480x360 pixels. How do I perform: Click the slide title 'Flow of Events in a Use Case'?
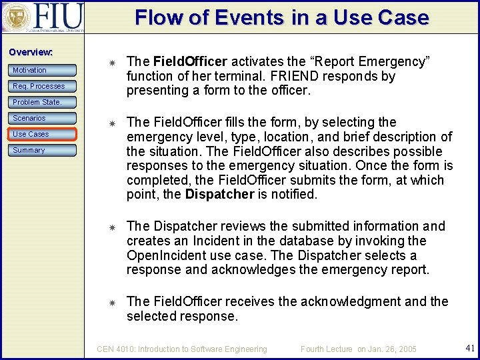[281, 17]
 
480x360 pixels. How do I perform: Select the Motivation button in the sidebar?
[43, 70]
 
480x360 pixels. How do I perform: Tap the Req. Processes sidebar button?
[43, 86]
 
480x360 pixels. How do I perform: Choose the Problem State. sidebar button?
[43, 102]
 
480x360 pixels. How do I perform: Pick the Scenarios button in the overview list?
[43, 118]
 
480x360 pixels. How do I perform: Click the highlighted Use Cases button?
[43, 134]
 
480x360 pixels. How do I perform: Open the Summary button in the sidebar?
[43, 150]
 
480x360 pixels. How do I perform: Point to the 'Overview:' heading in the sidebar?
[31, 52]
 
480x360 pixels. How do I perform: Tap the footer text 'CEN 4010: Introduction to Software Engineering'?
[182, 349]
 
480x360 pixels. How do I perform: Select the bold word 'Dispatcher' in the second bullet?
[219, 195]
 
